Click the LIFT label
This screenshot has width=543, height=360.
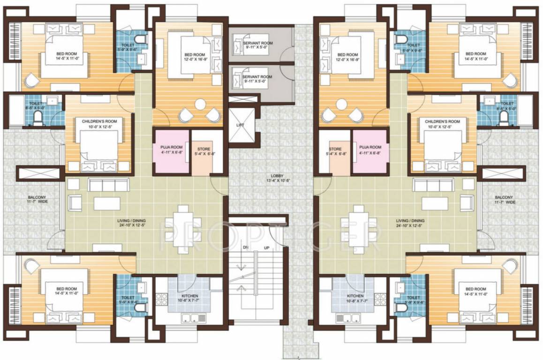240,125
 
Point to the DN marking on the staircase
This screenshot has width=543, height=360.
245,247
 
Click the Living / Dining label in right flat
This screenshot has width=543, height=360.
410,221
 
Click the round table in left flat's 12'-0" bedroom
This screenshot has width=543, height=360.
201,104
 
